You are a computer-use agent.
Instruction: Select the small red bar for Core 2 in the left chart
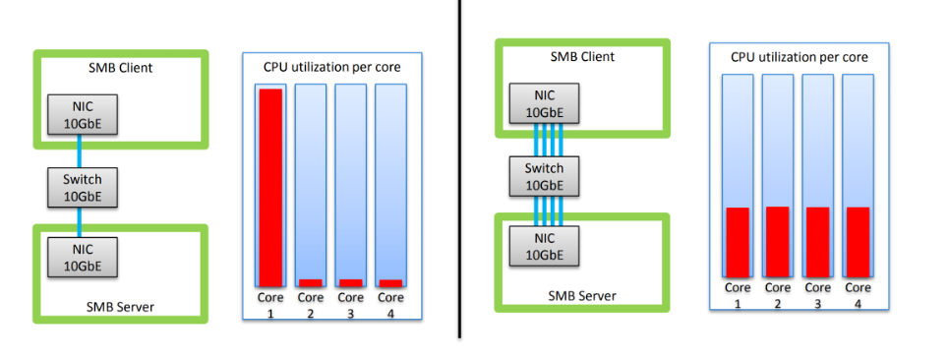pos(311,283)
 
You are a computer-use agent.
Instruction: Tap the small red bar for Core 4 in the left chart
pos(390,283)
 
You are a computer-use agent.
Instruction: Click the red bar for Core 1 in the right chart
pos(738,242)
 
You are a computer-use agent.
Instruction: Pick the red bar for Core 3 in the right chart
pos(817,242)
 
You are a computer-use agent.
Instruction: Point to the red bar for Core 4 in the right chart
pos(858,242)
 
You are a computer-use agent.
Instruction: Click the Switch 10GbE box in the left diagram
pos(83,187)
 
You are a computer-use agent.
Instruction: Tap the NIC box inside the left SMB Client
pos(83,115)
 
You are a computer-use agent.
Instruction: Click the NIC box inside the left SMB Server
pos(83,256)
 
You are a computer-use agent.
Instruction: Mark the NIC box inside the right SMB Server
pos(544,245)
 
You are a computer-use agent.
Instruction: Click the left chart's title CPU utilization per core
pos(332,67)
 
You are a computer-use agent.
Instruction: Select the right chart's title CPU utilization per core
pos(799,57)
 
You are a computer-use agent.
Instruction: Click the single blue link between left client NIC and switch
pos(79,152)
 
